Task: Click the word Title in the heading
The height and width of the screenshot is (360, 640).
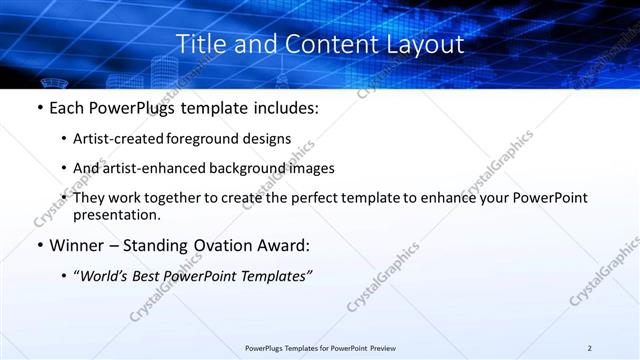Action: coord(200,45)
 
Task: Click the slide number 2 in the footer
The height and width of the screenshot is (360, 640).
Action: coord(590,348)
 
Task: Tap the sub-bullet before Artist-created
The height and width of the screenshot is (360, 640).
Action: coord(65,139)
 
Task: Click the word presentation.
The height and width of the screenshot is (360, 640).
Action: coord(116,214)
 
